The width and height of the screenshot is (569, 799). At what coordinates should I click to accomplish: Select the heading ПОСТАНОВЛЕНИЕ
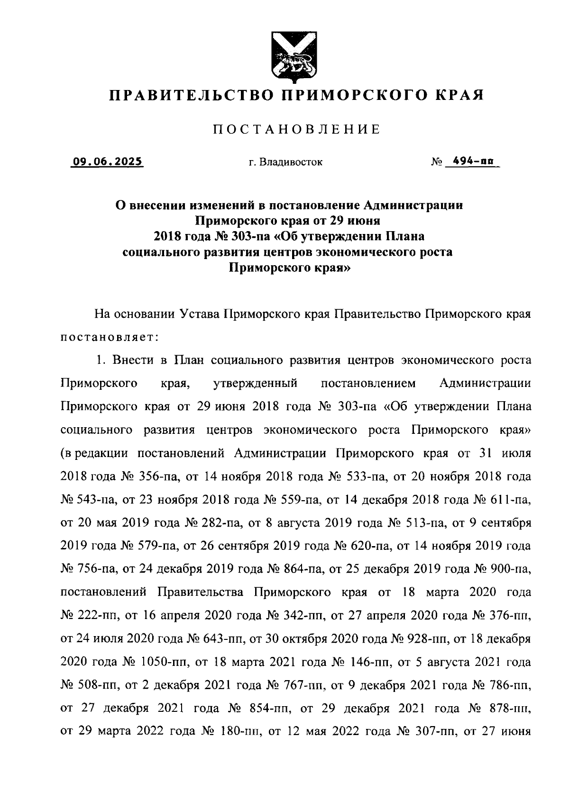click(x=296, y=129)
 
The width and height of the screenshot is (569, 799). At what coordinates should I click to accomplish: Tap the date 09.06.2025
click(x=107, y=162)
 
